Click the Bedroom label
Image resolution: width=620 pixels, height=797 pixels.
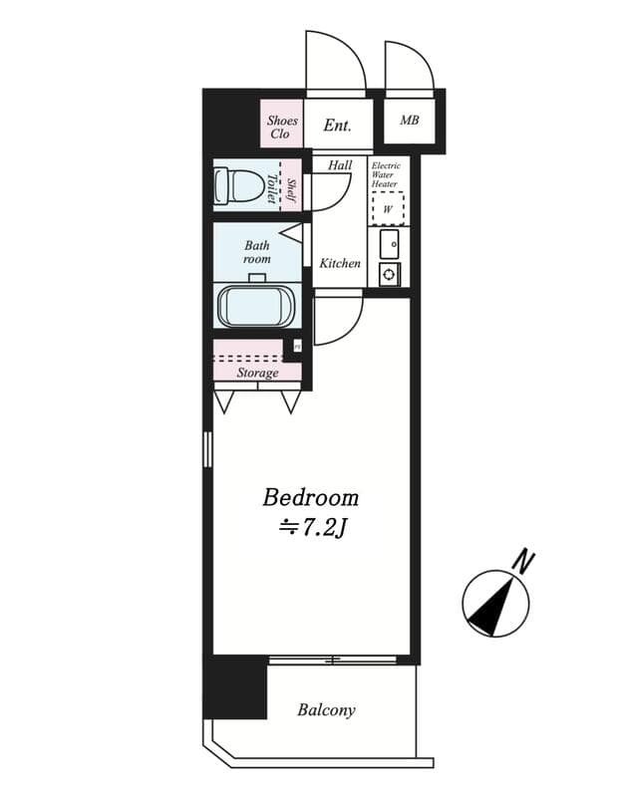click(310, 497)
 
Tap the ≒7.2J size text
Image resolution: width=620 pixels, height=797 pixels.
click(310, 528)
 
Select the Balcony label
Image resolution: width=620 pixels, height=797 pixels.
click(326, 710)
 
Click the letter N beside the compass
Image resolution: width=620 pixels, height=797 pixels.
click(522, 562)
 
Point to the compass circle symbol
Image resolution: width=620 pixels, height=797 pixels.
click(495, 604)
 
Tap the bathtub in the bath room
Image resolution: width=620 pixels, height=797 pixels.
click(256, 305)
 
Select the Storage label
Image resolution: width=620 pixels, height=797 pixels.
click(257, 373)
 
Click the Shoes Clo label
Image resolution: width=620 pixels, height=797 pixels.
click(282, 127)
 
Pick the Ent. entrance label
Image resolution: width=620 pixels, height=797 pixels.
click(337, 126)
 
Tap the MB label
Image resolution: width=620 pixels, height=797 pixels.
click(410, 122)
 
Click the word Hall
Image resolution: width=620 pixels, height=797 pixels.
click(340, 165)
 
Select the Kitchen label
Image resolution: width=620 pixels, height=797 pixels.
click(340, 264)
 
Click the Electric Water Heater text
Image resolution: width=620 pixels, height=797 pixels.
click(386, 174)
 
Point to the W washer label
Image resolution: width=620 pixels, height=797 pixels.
click(387, 209)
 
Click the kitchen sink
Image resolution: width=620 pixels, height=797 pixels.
click(389, 244)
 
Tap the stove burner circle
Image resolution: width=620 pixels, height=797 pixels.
click(388, 274)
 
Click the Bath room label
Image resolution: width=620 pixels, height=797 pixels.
click(257, 251)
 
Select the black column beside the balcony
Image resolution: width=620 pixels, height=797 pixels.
click(235, 687)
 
